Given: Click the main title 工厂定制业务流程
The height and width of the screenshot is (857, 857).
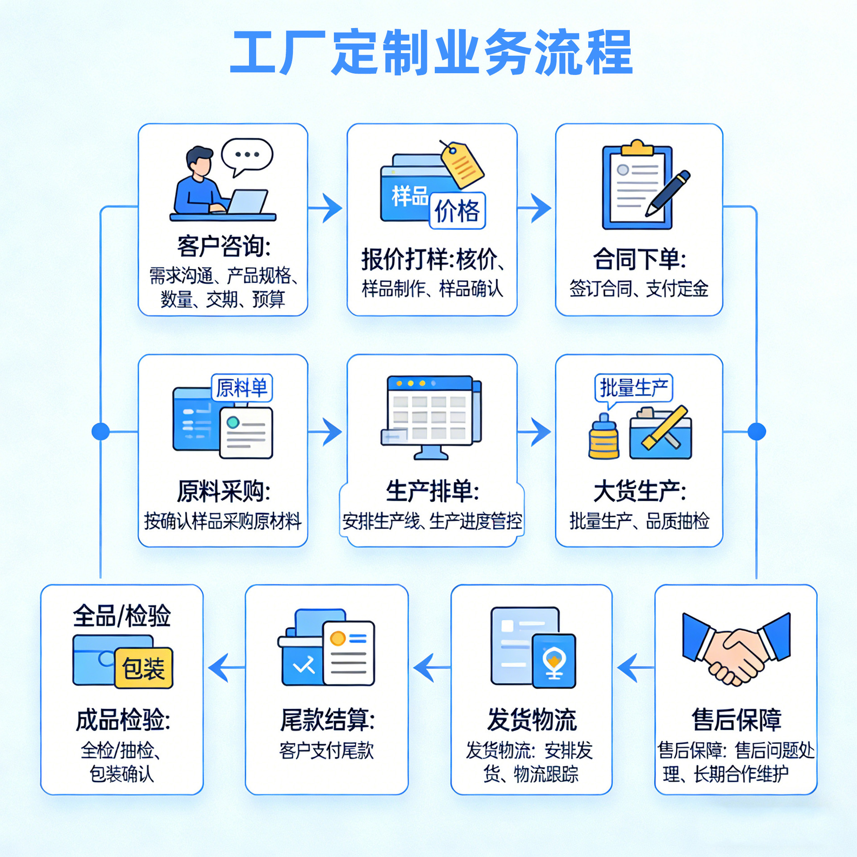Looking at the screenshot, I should (x=431, y=53).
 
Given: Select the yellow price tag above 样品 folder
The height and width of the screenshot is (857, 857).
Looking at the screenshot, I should (x=462, y=165).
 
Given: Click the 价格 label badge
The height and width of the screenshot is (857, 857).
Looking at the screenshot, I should (x=457, y=211).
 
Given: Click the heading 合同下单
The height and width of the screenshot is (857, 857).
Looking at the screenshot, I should (x=639, y=259).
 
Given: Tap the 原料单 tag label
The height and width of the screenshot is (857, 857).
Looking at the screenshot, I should (x=241, y=387).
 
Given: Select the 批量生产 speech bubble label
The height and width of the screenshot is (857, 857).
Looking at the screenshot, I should (x=633, y=387).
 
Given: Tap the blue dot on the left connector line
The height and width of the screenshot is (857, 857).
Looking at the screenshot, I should (x=100, y=432).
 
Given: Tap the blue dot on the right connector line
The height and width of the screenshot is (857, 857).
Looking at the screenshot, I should (x=757, y=432).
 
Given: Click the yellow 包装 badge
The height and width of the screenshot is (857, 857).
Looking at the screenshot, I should (x=143, y=668).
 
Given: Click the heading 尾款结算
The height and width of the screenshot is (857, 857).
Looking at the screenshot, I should (x=327, y=720).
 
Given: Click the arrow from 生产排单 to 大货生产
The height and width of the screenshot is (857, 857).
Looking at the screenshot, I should (x=536, y=432).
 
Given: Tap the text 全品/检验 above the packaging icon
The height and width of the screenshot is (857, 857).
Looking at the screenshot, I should (x=121, y=616).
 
